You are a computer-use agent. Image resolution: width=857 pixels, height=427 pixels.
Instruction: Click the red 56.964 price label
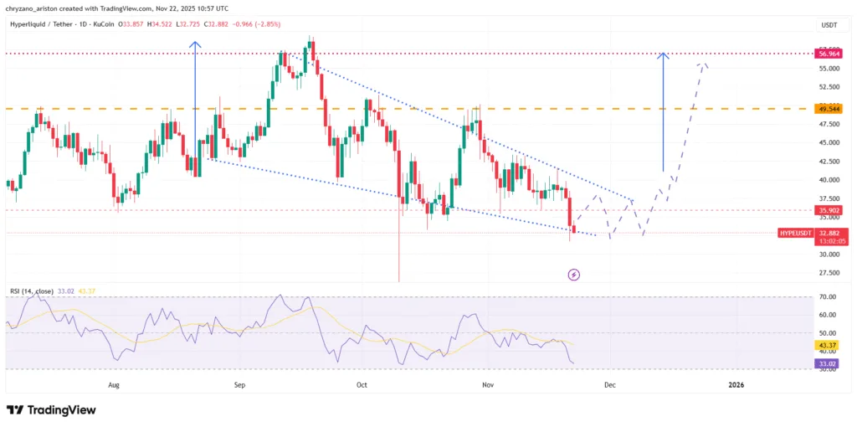click(829, 54)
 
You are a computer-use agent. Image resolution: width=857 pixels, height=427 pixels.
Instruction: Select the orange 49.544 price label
click(829, 109)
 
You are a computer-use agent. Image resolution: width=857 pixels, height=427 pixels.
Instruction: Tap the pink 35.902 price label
click(829, 210)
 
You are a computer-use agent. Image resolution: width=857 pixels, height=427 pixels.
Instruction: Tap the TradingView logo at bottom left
click(51, 410)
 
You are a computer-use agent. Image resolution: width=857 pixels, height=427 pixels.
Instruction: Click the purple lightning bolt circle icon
click(574, 274)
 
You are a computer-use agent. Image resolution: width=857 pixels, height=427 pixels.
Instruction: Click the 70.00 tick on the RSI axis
click(829, 297)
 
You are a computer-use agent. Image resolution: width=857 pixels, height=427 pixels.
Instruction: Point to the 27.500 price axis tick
click(829, 273)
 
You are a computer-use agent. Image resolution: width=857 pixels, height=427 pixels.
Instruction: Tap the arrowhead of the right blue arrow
click(663, 55)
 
